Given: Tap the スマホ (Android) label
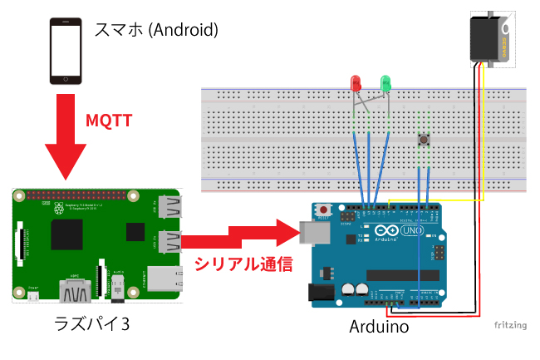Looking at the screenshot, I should click(156, 31).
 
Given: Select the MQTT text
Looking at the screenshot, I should click(110, 120).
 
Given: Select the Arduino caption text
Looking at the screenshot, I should click(379, 327).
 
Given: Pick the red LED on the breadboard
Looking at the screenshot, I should click(356, 83).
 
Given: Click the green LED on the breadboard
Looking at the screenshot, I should click(385, 83).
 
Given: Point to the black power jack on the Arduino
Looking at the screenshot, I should click(321, 292).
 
